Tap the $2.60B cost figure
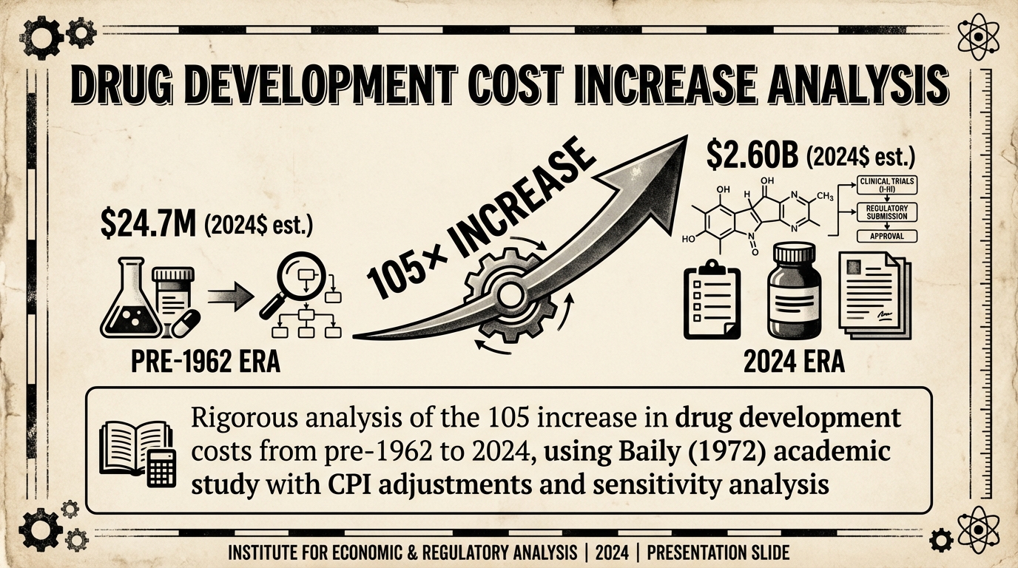pos(751,156)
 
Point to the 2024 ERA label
pos(793,363)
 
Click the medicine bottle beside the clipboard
pos(792,293)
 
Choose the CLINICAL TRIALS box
pos(886,186)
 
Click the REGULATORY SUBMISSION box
pos(886,212)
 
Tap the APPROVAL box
pos(886,237)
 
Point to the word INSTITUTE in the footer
pos(267,552)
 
